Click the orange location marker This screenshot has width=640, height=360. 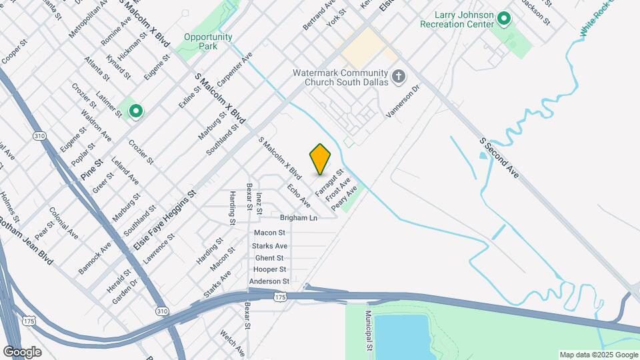[x=321, y=159]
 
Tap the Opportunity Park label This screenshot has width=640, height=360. [x=208, y=42]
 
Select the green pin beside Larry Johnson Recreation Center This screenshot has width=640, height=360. [x=504, y=19]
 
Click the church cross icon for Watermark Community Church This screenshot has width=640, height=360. [x=399, y=77]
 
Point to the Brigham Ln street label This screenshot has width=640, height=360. [x=299, y=218]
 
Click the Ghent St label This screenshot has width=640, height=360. [x=269, y=258]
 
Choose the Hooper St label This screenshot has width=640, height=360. [x=269, y=269]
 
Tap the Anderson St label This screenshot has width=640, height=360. [x=269, y=281]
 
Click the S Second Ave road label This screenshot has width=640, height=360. [x=499, y=158]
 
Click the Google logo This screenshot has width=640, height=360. [x=22, y=351]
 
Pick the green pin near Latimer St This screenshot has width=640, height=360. [x=135, y=111]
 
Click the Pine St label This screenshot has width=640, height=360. [x=93, y=169]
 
